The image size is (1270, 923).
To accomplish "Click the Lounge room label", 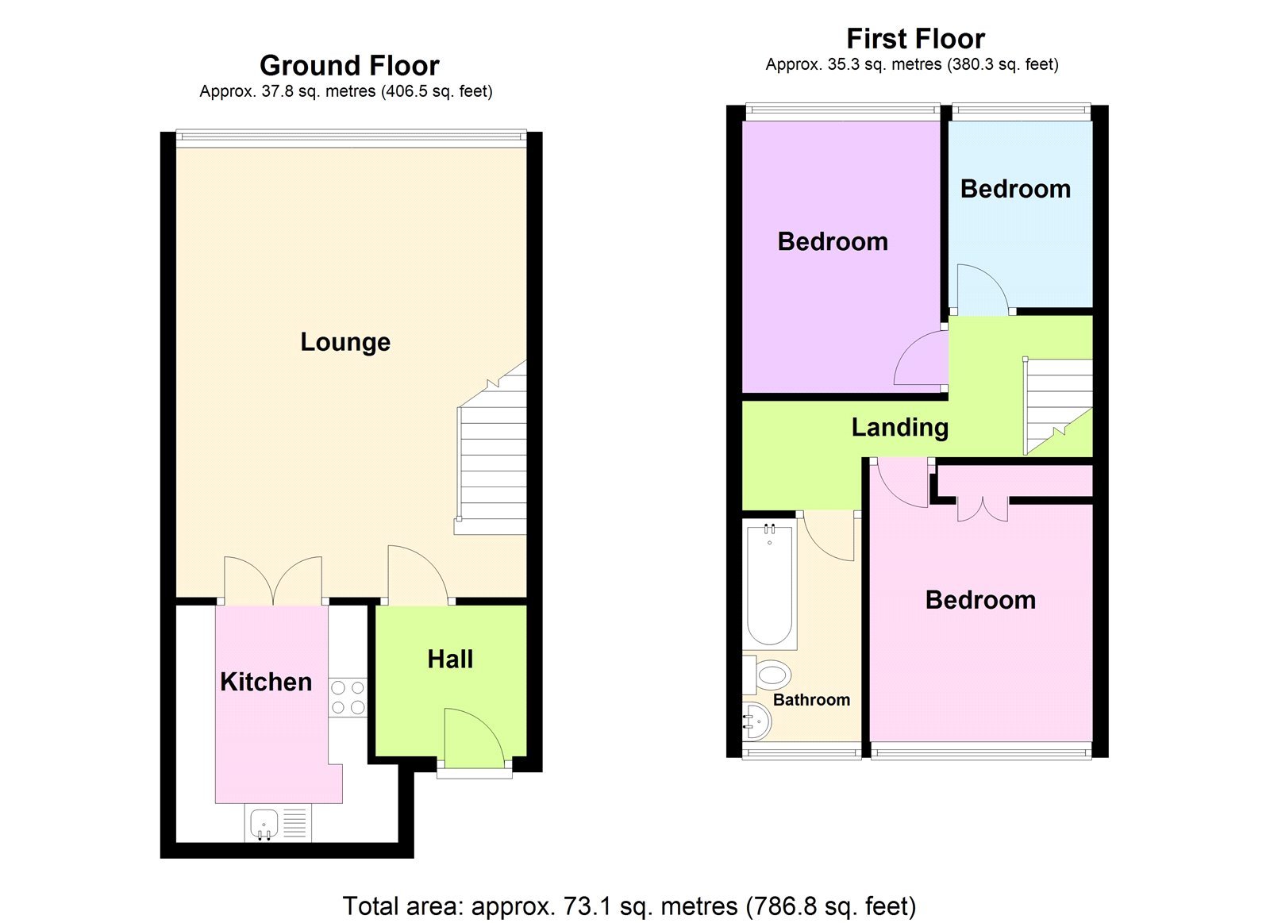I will click(345, 342).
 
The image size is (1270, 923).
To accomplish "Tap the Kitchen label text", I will click(266, 682).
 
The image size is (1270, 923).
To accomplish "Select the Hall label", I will click(450, 660).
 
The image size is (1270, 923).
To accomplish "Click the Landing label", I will click(899, 428).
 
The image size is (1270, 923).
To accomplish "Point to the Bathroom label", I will click(811, 700).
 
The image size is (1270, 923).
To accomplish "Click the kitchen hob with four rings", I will click(348, 698).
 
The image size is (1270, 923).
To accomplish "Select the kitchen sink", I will click(264, 824).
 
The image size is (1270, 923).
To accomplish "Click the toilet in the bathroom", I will click(769, 675).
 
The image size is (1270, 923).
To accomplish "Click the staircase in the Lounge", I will click(492, 460).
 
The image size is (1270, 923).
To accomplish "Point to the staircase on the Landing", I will click(1058, 405).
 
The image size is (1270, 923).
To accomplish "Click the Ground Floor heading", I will click(349, 65).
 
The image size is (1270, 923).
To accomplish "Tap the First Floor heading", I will click(915, 38).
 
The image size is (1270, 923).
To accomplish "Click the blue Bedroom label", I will click(1015, 189).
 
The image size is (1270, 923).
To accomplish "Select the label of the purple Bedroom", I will click(833, 241).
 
